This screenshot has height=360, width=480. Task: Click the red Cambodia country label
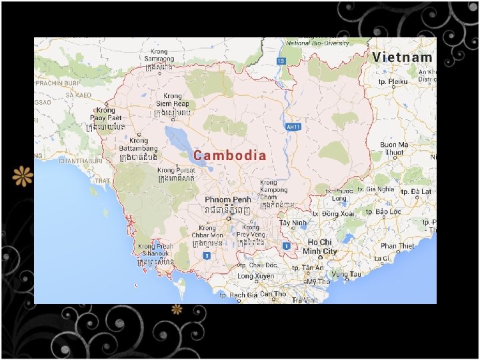click(230, 155)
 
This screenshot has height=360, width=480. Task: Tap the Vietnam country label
click(402, 57)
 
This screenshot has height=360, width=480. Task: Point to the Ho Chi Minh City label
click(321, 247)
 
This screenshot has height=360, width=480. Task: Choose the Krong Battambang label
click(139, 145)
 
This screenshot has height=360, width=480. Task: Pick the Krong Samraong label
click(159, 55)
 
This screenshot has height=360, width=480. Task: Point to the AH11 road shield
click(291, 126)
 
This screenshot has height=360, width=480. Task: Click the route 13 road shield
click(281, 61)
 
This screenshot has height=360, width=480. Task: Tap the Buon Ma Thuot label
click(394, 148)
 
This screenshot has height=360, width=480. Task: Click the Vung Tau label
click(346, 274)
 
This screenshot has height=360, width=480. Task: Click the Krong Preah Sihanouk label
click(155, 250)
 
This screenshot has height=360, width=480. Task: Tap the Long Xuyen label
click(256, 275)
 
